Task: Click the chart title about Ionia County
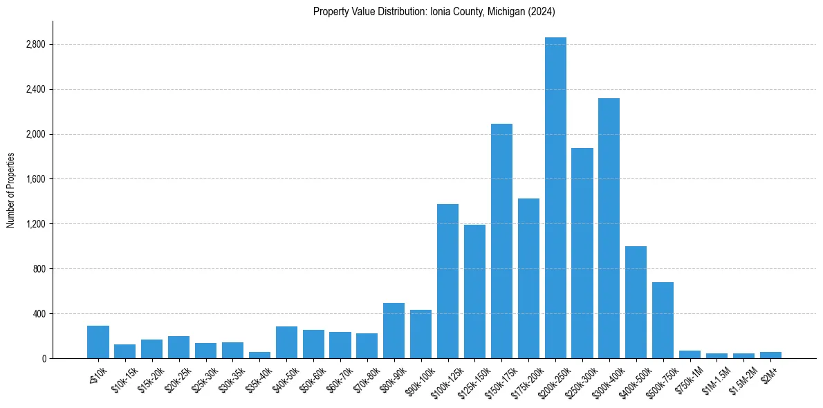pos(434,12)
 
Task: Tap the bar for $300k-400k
pos(609,228)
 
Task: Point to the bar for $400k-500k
pos(636,302)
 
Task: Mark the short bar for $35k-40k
pos(259,355)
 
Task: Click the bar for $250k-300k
pos(582,253)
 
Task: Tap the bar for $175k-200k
pos(528,278)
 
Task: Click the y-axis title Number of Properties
pos(10,189)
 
